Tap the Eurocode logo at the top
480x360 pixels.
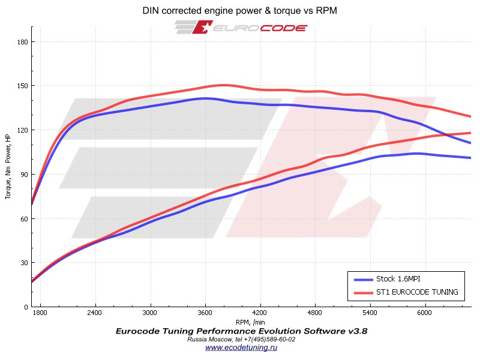(241, 28)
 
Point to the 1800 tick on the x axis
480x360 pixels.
(40, 313)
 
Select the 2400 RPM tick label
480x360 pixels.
(95, 313)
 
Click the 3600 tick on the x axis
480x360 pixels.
(205, 313)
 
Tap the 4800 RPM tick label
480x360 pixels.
(315, 313)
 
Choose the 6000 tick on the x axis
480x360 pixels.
(425, 313)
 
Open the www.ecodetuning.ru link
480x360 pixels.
(241, 347)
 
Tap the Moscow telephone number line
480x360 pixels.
(241, 339)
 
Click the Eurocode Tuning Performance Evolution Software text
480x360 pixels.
(241, 331)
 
